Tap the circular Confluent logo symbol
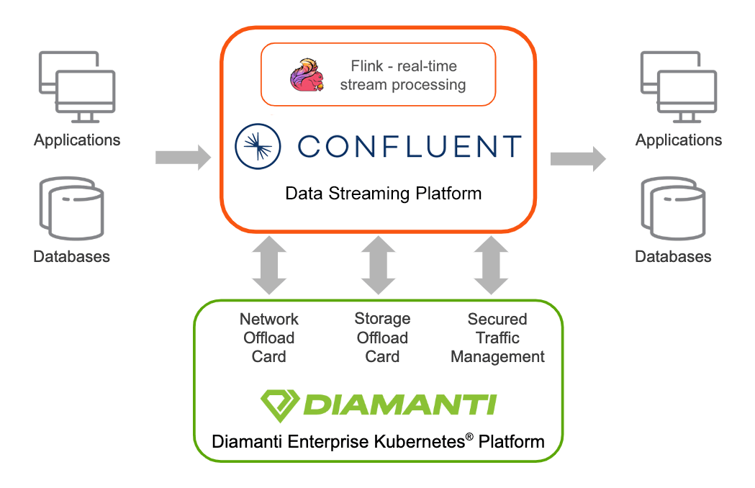pos(258,146)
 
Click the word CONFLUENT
pos(410,146)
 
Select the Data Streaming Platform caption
pos(383,194)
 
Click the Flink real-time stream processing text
pos(402,76)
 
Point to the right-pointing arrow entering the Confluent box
pos(183,157)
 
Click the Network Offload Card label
pos(269,338)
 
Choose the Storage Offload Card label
pos(382,338)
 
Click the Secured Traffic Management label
pos(497,338)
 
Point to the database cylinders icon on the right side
pos(673,209)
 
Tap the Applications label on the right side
pos(678,140)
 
